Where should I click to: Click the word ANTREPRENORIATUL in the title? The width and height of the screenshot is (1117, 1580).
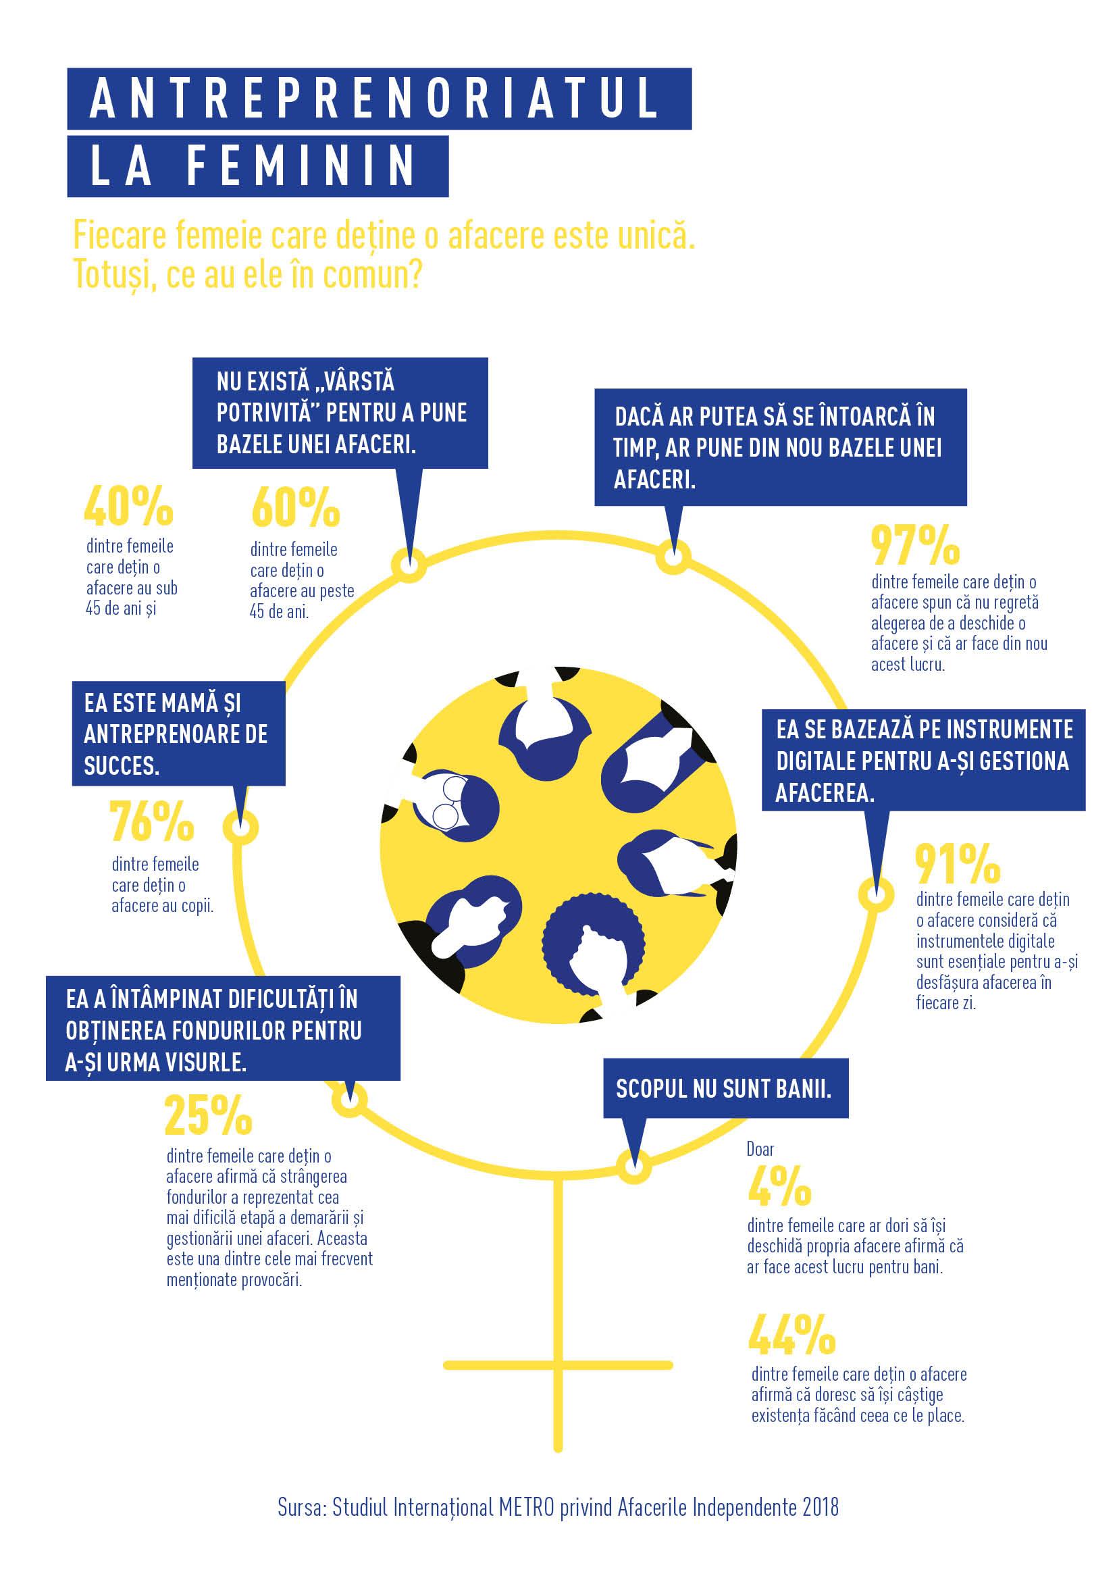click(x=375, y=98)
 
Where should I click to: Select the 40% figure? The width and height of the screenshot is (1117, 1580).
click(x=128, y=506)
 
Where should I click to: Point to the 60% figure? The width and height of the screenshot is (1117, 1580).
click(x=296, y=508)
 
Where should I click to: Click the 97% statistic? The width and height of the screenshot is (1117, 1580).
click(x=915, y=544)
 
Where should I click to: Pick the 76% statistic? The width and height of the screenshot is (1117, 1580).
click(x=152, y=821)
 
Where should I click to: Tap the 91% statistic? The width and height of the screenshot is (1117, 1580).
click(x=957, y=864)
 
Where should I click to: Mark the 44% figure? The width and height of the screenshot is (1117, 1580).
click(x=791, y=1335)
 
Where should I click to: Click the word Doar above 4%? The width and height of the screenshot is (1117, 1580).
click(x=760, y=1149)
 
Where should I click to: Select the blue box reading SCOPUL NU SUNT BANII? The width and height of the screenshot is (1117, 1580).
click(x=725, y=1089)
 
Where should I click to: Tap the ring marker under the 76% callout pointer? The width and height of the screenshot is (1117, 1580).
click(x=240, y=826)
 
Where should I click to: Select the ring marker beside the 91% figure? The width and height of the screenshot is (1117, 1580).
click(x=877, y=894)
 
